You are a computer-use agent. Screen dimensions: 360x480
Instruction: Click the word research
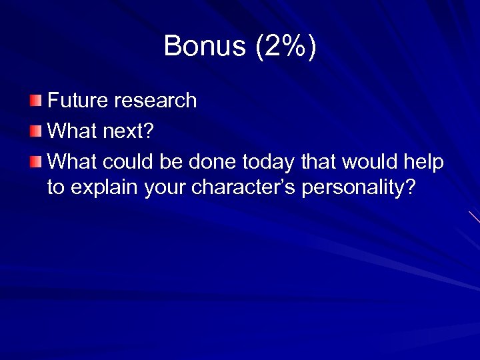(x=155, y=101)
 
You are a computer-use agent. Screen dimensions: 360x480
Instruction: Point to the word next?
(x=127, y=131)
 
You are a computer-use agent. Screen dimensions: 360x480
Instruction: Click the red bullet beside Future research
(x=35, y=101)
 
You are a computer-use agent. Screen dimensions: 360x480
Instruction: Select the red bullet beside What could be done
(x=35, y=161)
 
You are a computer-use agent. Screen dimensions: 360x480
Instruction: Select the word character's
(x=244, y=188)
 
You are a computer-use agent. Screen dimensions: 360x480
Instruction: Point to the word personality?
(x=359, y=188)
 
